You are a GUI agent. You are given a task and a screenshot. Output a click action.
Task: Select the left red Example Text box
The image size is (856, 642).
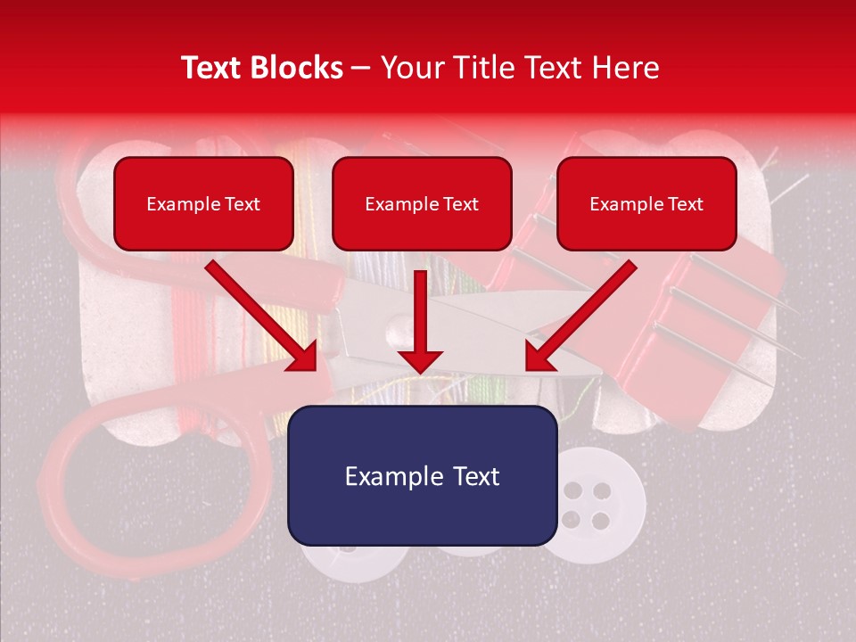tap(203, 203)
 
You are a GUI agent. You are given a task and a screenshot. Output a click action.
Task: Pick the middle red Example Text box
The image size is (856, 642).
tap(422, 203)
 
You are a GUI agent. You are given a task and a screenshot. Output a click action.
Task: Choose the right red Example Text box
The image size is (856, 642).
tap(646, 203)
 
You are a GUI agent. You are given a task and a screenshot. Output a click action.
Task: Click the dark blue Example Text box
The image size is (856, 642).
tap(422, 475)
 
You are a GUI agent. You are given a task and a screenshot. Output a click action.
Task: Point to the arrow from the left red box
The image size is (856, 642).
tap(263, 316)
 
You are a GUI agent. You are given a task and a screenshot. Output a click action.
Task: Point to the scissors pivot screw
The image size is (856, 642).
tap(395, 336)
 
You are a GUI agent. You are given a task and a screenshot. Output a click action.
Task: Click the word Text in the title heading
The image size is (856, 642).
tap(215, 68)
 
